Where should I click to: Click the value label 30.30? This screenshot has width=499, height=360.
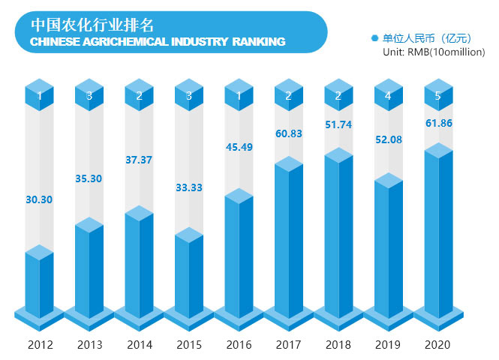coord(39,200)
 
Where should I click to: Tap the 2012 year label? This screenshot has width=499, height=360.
coord(39,345)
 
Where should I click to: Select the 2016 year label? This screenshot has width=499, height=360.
coord(239,345)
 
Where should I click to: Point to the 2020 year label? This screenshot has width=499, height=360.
coord(439,345)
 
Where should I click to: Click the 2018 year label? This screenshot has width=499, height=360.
coord(339,345)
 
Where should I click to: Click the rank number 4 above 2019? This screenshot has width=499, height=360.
coord(389,96)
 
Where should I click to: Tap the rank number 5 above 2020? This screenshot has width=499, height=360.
coord(439,96)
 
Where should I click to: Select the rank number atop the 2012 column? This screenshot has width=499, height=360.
coord(39,96)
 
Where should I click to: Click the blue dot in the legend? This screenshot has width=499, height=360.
coord(374,37)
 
